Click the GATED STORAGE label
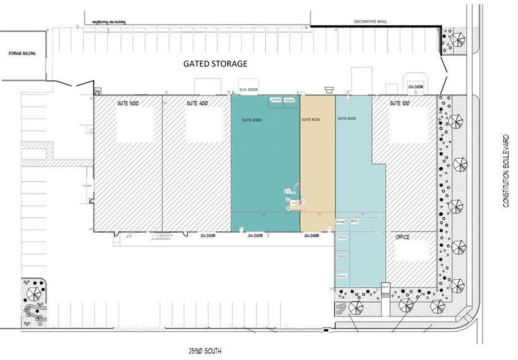pos(216,64)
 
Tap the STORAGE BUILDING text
pos(21,53)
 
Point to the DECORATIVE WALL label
pos(370,21)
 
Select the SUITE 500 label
pos(128,104)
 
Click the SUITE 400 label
pos(197,104)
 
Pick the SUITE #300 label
pos(251,120)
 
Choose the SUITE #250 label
pos(312,120)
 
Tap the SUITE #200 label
pos(347,118)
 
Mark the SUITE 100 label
pos(402,104)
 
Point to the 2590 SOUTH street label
pos(204,351)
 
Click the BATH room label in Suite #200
pos(354,221)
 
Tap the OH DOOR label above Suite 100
pos(415,87)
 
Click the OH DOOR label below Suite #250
pos(312,236)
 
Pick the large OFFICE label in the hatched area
pos(402,236)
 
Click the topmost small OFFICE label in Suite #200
pos(342,237)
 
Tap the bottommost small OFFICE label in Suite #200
pos(342,276)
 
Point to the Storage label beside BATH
pos(341,221)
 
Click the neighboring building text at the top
pos(109,21)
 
